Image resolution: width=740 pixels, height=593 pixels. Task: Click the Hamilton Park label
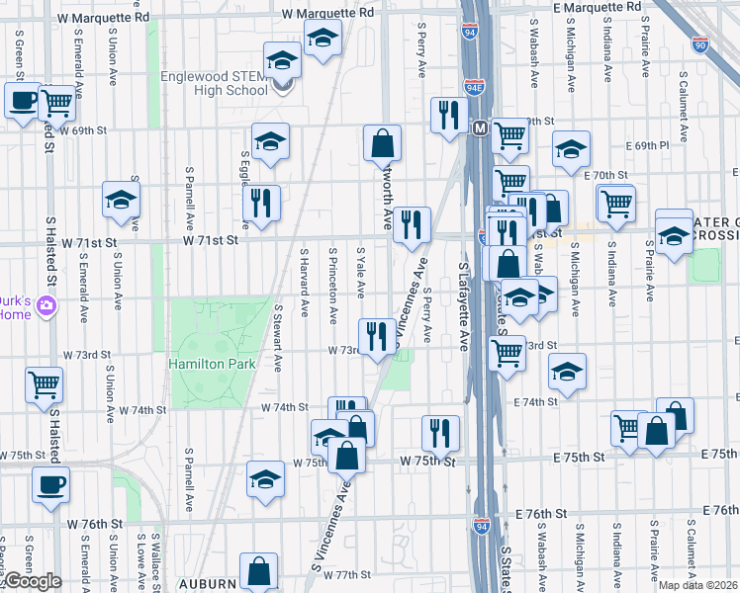click(x=212, y=364)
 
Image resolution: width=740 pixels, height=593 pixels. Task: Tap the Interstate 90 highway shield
click(x=700, y=44)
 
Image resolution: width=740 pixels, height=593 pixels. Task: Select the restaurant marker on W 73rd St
click(x=376, y=336)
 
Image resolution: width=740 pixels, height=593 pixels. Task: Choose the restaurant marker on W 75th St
click(x=440, y=432)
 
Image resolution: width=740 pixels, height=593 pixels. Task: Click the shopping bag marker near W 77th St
click(x=258, y=570)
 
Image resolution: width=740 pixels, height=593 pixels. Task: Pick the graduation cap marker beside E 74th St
click(x=567, y=373)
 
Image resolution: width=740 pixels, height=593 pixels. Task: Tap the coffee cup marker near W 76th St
click(x=50, y=484)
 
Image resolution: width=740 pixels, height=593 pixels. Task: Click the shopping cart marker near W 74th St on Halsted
click(x=44, y=384)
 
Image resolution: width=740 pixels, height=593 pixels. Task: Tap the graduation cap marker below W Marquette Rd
click(x=321, y=40)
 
